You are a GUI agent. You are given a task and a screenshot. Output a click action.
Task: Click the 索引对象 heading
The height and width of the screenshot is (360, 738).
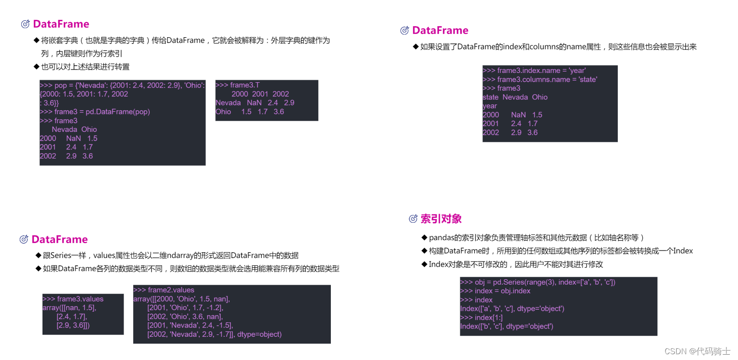(440, 218)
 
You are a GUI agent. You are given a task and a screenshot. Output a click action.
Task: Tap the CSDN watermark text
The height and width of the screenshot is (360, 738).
(697, 351)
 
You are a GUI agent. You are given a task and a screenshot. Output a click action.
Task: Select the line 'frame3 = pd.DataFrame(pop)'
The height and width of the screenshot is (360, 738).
(95, 112)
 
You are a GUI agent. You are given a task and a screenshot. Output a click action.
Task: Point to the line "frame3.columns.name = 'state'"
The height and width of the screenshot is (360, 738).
(540, 79)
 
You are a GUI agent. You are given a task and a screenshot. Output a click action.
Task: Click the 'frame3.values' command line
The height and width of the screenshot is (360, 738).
(73, 299)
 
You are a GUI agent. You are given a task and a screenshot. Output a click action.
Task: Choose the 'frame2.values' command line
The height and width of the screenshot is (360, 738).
(164, 290)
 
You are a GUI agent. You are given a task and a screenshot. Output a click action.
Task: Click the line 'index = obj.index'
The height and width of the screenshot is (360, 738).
(496, 291)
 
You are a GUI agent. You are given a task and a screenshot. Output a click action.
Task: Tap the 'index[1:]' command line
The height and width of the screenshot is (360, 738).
(482, 317)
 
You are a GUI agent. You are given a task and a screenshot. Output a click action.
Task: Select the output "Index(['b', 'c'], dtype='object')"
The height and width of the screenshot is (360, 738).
(507, 326)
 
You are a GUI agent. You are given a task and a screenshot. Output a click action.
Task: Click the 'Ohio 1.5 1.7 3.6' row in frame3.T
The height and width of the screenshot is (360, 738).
(250, 112)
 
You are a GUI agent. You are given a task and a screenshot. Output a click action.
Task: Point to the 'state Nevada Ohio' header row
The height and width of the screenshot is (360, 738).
(515, 97)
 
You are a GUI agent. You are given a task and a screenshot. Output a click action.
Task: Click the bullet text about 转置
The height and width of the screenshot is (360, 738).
(85, 67)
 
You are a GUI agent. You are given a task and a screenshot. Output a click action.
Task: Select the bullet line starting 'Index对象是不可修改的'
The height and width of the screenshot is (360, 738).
(515, 264)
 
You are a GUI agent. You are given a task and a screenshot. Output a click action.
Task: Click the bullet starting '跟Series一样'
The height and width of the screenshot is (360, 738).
(171, 255)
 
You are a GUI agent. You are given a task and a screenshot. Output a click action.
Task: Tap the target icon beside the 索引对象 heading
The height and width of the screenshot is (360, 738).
(413, 219)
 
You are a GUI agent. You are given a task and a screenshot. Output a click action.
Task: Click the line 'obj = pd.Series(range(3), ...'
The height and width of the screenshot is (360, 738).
(538, 282)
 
